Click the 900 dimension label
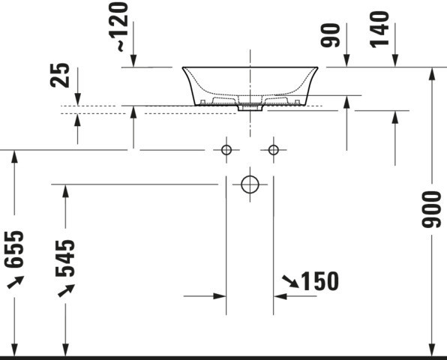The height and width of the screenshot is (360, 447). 431,209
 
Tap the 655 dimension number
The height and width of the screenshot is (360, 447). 14,250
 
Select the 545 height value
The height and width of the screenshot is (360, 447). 65,259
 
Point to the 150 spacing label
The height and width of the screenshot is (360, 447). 320,281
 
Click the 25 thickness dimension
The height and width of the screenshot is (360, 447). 60,75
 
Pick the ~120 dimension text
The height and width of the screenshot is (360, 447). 122,27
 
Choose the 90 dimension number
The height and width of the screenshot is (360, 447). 331,35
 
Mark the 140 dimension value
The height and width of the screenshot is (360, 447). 379,29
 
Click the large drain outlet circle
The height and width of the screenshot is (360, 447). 250,184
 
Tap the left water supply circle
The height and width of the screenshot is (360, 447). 226,150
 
